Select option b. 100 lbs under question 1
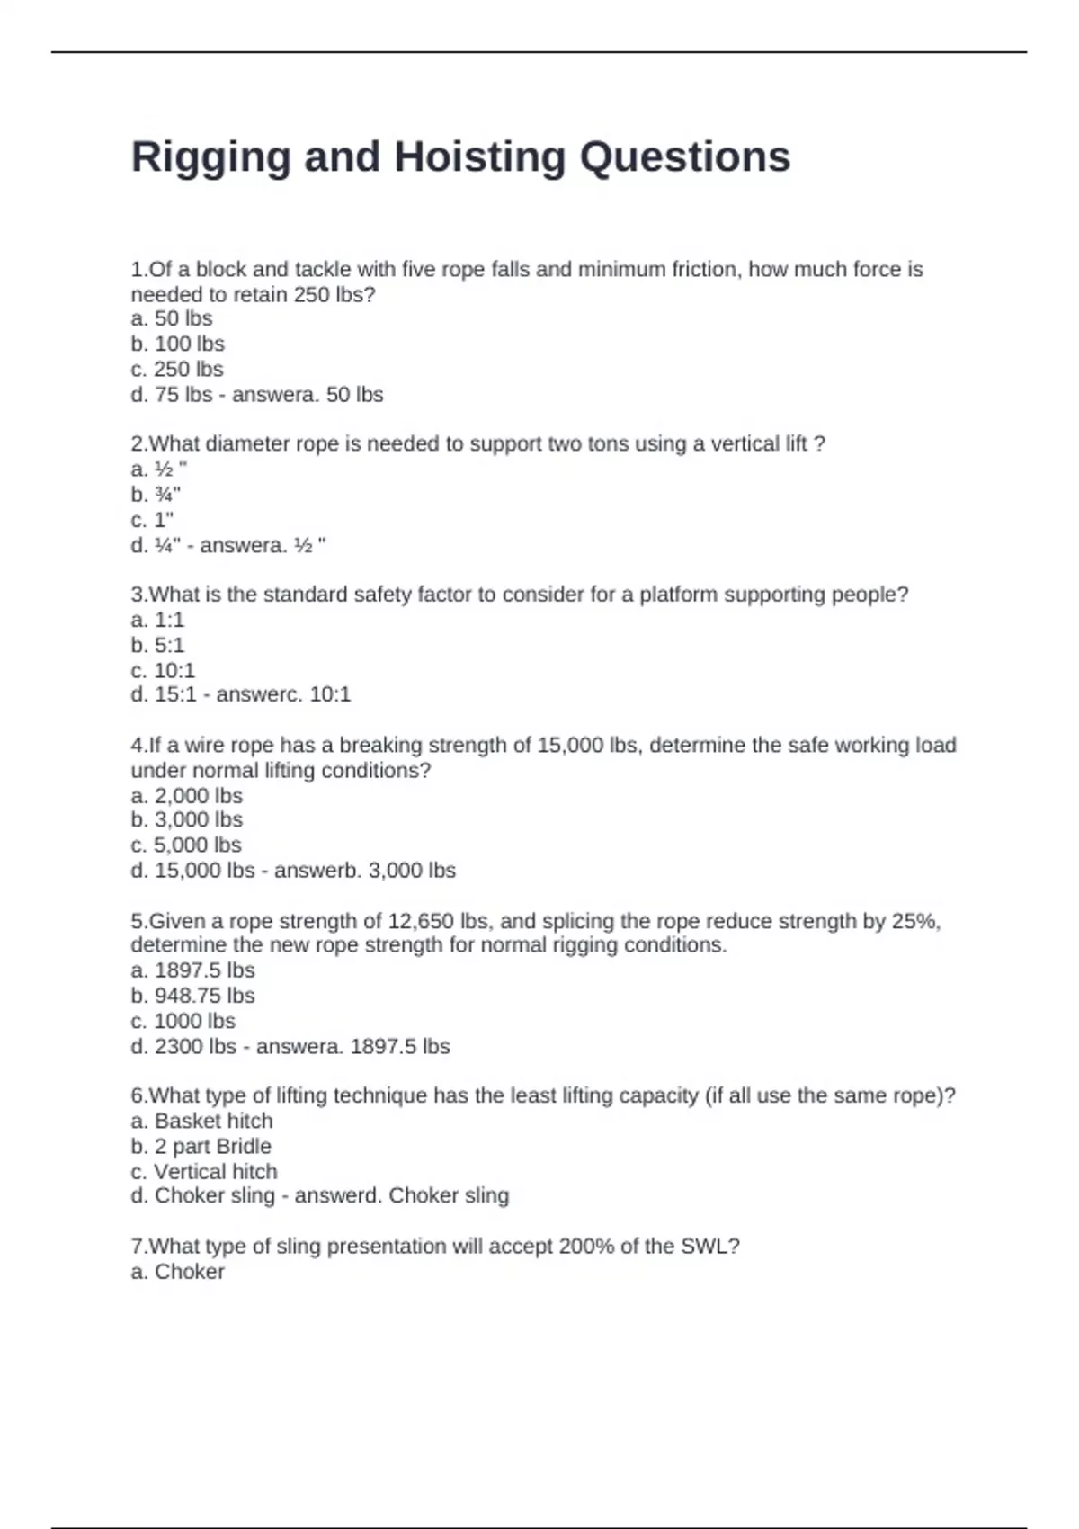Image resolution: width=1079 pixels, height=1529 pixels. click(x=177, y=344)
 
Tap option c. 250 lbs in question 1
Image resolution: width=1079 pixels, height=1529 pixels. click(x=176, y=369)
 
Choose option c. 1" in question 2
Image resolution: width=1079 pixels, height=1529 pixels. click(x=152, y=520)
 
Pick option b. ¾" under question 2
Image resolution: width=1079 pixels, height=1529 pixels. click(x=156, y=495)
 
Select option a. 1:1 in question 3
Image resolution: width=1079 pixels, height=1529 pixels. click(x=157, y=620)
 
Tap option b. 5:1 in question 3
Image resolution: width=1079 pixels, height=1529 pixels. click(x=157, y=645)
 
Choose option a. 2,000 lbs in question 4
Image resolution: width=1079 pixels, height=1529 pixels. click(x=186, y=796)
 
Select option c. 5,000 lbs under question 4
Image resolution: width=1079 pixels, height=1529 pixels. click(x=186, y=845)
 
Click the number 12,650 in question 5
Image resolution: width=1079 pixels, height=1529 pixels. click(x=420, y=921)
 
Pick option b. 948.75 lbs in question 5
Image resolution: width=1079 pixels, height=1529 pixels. click(x=192, y=996)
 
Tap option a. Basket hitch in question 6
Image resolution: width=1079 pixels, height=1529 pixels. click(x=201, y=1121)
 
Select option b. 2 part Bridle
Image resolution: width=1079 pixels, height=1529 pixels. click(x=201, y=1146)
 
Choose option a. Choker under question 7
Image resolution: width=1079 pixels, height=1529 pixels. click(x=177, y=1272)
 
